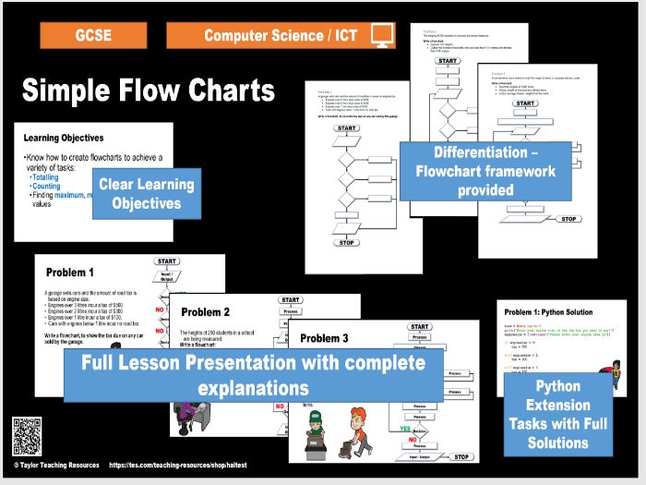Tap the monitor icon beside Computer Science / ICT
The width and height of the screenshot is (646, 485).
(x=382, y=35)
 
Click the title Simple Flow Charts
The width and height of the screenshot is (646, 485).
(x=149, y=91)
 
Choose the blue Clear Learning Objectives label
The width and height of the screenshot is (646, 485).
(x=146, y=193)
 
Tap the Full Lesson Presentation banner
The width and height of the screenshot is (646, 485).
(x=253, y=374)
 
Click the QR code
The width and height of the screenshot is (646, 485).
(x=27, y=435)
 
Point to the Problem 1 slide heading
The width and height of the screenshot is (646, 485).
(x=70, y=273)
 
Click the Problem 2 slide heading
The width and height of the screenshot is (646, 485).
(x=205, y=312)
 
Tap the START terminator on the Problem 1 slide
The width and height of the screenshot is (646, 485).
(x=167, y=261)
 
